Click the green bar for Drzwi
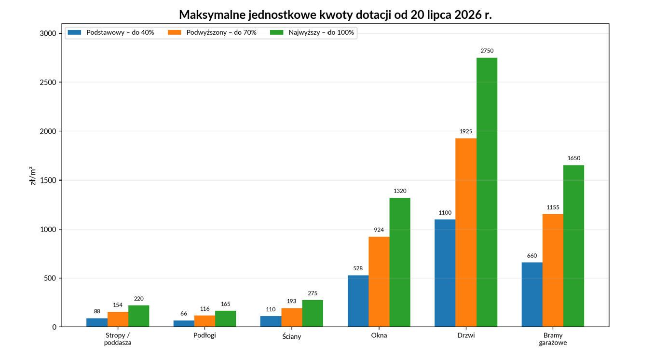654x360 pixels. coord(487,192)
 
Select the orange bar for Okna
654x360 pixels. coord(379,282)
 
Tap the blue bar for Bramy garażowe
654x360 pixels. coord(532,294)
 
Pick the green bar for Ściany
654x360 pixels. coord(313,313)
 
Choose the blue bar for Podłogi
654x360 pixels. coord(184,323)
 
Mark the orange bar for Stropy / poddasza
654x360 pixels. coord(118,319)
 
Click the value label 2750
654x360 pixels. coord(487,51)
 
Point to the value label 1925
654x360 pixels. coord(466,131)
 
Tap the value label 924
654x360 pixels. coord(379,230)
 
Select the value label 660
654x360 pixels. coord(532,256)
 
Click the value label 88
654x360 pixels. coord(97,311)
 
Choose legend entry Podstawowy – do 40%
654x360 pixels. coord(111,32)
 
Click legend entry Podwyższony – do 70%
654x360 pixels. coord(212,32)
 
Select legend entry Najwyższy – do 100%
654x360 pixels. coord(312,32)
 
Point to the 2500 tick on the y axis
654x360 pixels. coord(48,83)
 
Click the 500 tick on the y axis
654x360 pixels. coord(50,278)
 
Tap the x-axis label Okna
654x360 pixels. coord(379,335)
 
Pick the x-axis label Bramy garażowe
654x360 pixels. coord(553,339)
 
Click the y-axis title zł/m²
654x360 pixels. coord(33,176)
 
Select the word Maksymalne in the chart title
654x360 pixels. coord(212,15)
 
